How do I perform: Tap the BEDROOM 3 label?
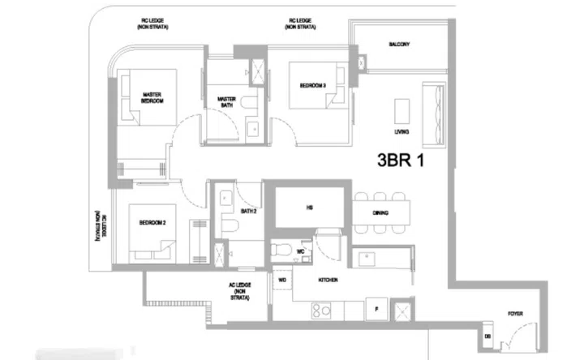313,85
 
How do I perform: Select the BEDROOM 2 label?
152,222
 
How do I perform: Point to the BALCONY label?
397,44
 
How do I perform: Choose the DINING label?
380,213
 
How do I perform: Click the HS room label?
309,208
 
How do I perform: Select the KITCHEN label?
328,280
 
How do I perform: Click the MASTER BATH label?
226,102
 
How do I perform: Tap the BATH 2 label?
250,212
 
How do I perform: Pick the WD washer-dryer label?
282,280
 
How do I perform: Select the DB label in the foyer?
487,334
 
